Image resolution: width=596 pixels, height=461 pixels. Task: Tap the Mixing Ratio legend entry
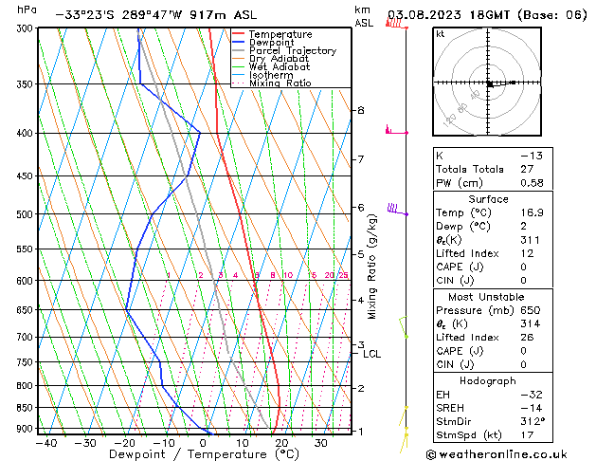(280, 83)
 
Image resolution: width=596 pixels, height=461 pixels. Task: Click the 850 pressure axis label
(25, 408)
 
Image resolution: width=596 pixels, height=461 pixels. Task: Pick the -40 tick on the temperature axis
(45, 443)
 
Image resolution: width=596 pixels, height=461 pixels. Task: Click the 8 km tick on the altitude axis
(360, 110)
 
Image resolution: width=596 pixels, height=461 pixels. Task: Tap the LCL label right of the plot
(372, 354)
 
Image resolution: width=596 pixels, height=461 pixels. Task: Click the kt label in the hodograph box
(440, 33)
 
